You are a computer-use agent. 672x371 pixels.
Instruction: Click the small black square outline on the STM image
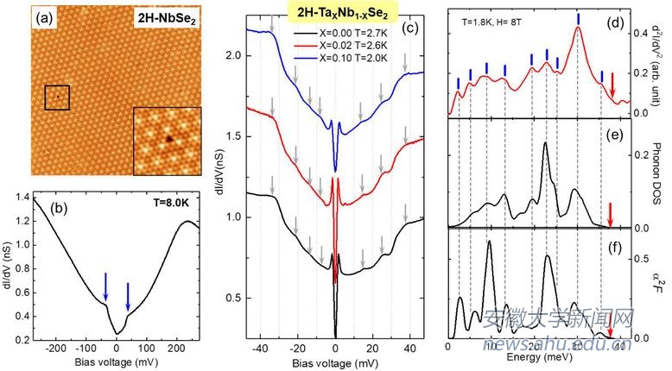point(56,97)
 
